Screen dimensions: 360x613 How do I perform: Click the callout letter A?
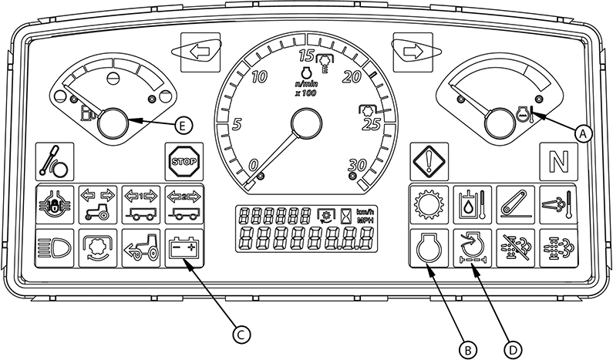(x=584, y=131)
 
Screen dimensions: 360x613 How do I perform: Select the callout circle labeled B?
(x=465, y=348)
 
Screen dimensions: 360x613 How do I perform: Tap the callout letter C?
(x=241, y=333)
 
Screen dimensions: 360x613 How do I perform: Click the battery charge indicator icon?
(x=184, y=248)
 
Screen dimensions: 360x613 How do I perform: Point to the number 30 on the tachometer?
(x=356, y=163)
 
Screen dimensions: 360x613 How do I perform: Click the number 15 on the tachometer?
(x=306, y=55)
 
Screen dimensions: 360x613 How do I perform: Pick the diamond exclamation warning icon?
(x=426, y=160)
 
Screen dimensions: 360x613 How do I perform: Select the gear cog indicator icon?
(x=426, y=205)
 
